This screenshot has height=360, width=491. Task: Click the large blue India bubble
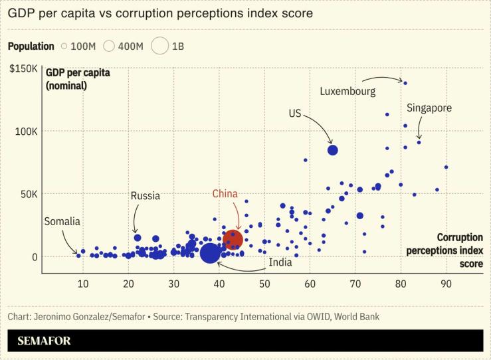(x=210, y=253)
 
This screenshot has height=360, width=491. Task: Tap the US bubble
(x=333, y=150)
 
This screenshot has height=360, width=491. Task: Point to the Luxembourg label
(x=347, y=91)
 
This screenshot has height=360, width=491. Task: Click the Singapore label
(x=429, y=108)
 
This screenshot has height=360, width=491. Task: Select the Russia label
(x=145, y=196)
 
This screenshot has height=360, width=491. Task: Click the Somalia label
(x=62, y=221)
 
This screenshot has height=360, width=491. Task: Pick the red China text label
(x=225, y=194)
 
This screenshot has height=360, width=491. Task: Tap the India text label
(x=280, y=263)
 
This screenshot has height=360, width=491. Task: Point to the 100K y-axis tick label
(x=27, y=131)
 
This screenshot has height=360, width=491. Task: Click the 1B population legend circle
(x=159, y=46)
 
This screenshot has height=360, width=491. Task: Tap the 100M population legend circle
(x=64, y=46)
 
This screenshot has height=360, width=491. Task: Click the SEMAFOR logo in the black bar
(x=45, y=341)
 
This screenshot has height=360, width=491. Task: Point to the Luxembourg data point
(x=405, y=83)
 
